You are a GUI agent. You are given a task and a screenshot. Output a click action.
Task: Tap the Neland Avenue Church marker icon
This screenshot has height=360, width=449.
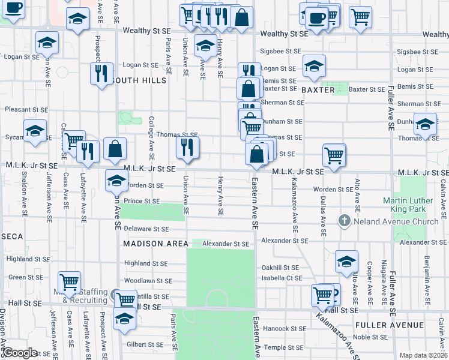click(345, 221)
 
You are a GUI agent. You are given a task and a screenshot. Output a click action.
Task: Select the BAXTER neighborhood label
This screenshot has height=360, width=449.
click(318, 89)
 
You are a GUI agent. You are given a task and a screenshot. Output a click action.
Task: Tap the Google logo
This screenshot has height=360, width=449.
click(20, 353)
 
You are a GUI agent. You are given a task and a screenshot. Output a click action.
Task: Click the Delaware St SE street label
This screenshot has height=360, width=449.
click(146, 229)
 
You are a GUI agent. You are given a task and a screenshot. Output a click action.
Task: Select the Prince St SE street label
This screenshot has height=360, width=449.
click(142, 201)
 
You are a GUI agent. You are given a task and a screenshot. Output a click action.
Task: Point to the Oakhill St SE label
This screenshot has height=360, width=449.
click(280, 268)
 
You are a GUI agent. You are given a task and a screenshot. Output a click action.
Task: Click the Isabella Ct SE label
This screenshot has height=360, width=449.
click(282, 278)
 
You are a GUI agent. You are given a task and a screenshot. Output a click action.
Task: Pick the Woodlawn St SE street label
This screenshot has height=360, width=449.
click(148, 280)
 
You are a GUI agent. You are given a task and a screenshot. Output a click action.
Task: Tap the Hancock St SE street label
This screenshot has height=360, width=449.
click(285, 329)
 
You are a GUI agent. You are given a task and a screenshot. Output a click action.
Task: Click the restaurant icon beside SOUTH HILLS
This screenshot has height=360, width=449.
click(101, 73)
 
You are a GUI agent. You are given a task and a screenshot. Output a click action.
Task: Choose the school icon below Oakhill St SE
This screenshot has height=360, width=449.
click(347, 262)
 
